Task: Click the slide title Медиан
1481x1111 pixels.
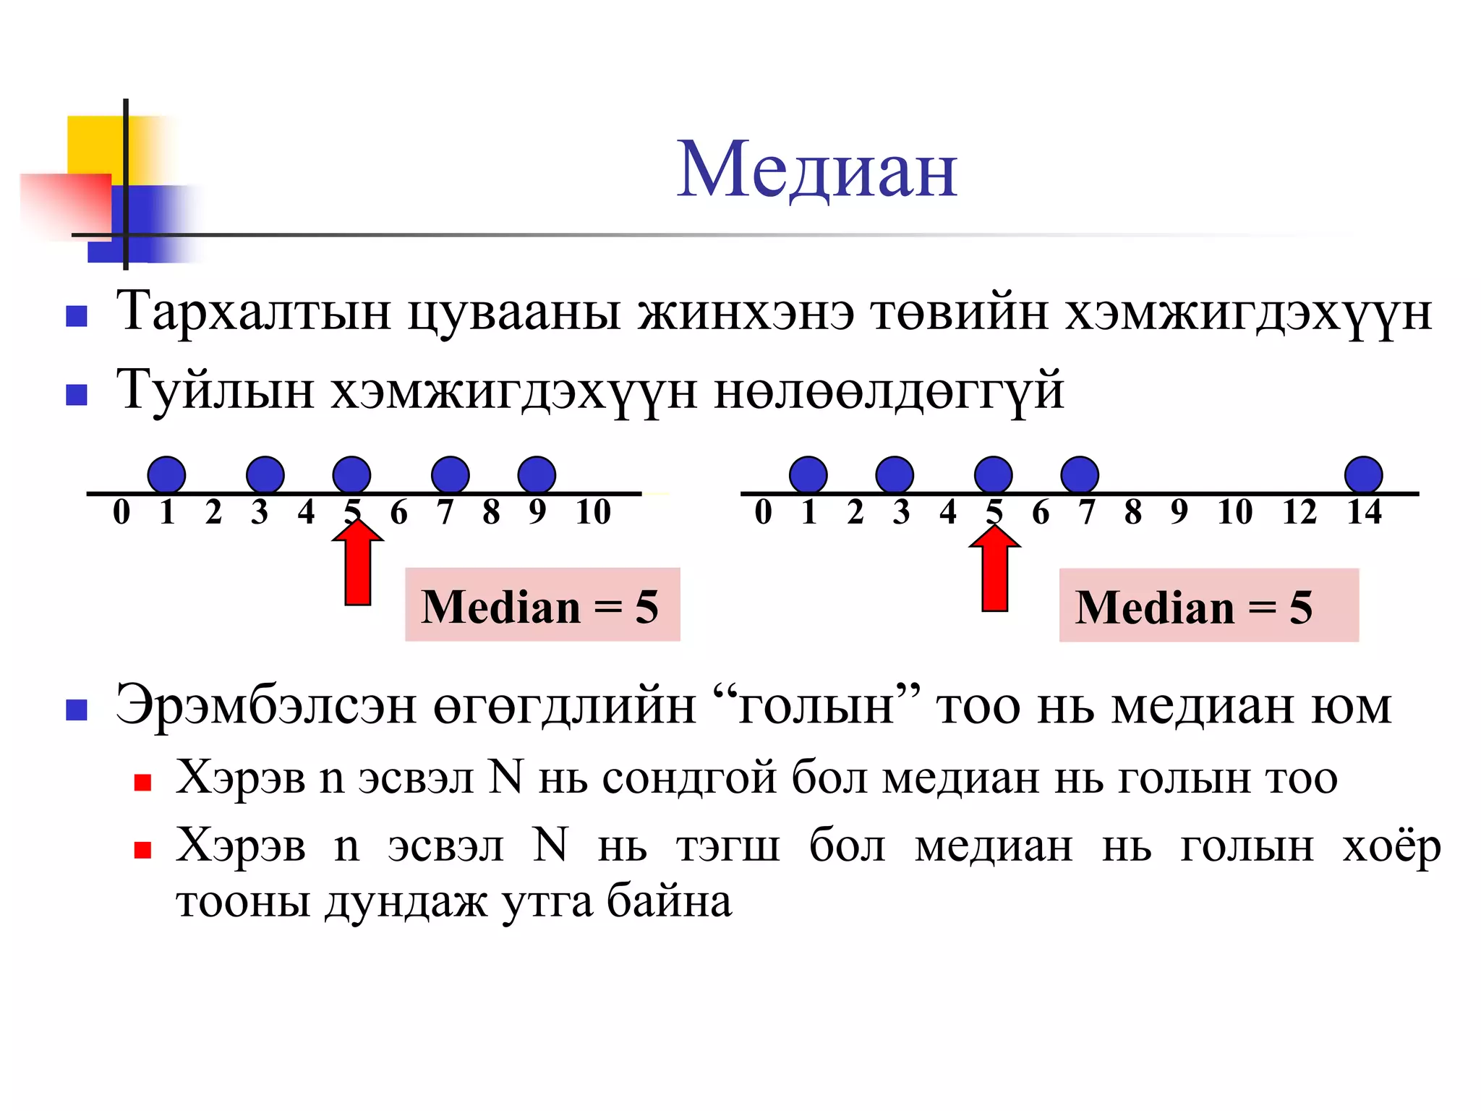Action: coord(817,169)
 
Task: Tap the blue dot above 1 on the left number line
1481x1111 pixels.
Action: coord(166,475)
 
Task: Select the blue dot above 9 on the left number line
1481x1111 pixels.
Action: coord(537,475)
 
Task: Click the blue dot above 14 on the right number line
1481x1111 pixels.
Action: coord(1364,475)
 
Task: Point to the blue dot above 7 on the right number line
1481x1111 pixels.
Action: coord(1080,475)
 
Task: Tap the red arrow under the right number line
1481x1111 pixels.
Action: coord(995,569)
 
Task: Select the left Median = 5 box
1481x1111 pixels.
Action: coord(542,605)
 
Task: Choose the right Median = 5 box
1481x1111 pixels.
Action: coord(1208,606)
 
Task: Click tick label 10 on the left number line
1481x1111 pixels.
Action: coord(593,512)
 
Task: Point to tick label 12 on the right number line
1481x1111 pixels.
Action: coord(1299,512)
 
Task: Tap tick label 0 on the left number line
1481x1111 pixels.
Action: coord(121,512)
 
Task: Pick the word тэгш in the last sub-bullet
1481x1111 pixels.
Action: coord(728,846)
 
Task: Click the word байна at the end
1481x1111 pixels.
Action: coord(669,902)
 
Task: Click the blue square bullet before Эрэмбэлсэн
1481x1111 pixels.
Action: coord(77,710)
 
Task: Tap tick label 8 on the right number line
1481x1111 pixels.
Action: coord(1132,512)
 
